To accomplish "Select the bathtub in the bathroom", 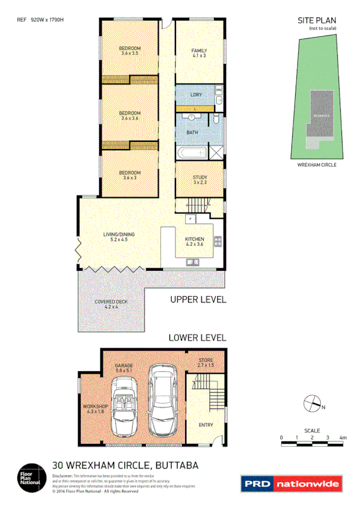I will coord(191,152).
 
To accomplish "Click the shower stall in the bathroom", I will coord(215,152).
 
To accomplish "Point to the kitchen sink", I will coord(193,262).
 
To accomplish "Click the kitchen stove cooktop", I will coord(218,242).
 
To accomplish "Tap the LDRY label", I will coord(196,95).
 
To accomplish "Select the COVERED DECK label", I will coord(109,304).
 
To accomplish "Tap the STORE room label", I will coord(206,363).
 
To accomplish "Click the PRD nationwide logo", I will coord(291,484).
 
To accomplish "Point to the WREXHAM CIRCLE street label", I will coord(317,164).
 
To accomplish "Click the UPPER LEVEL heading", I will coord(198,300).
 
